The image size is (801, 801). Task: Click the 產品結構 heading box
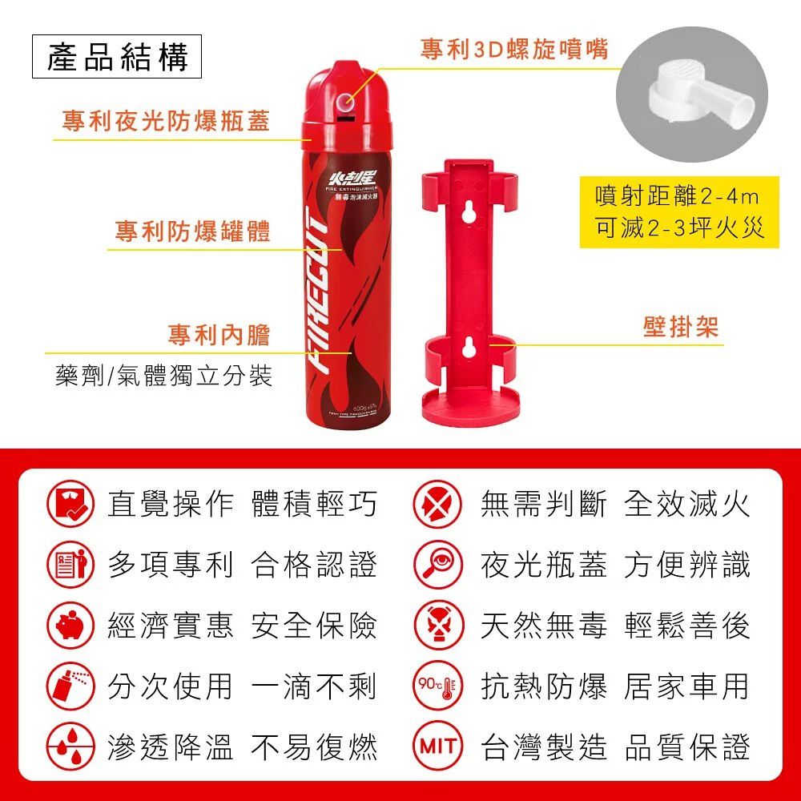point(117,58)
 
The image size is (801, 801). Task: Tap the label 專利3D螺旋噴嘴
point(514,50)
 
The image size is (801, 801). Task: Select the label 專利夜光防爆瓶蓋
point(166,121)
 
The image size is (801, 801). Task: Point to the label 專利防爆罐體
point(192,231)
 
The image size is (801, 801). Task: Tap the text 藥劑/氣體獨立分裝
point(163,375)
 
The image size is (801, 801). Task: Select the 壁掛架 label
point(681,327)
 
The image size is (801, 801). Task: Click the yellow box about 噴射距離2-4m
point(679,212)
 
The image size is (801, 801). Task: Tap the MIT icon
point(437,747)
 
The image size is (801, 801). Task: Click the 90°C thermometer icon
point(437,686)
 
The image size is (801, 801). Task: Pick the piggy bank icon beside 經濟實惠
point(70,626)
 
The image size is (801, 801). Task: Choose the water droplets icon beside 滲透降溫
point(70,747)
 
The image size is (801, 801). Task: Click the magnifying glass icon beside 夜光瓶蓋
point(437,565)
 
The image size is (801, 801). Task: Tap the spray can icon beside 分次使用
point(70,686)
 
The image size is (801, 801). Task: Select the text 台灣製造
point(544,747)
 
